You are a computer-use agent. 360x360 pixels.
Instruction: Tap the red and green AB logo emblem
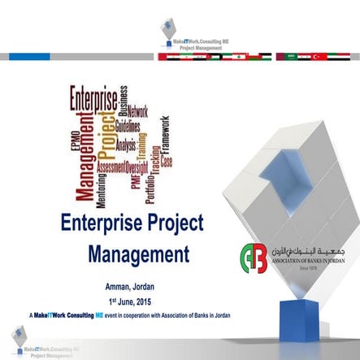pos(254,258)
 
